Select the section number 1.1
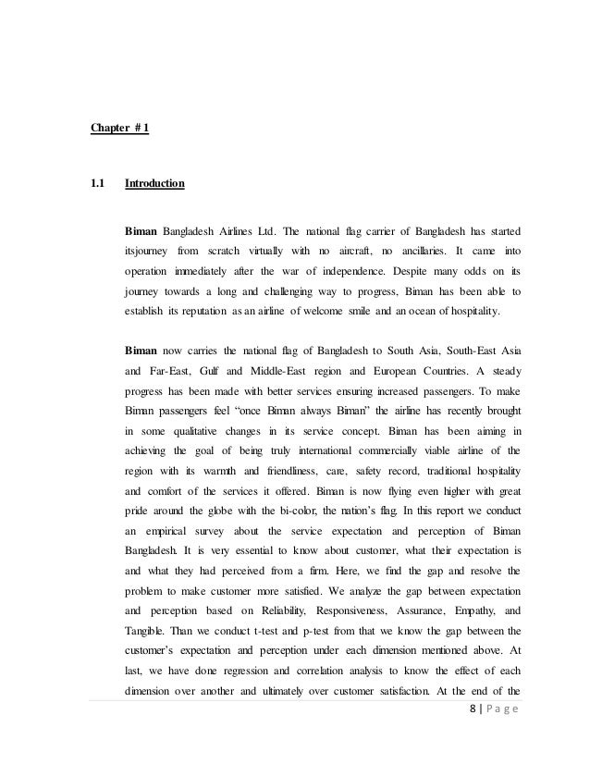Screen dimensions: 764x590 pos(96,184)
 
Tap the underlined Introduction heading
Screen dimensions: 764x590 pos(154,184)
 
